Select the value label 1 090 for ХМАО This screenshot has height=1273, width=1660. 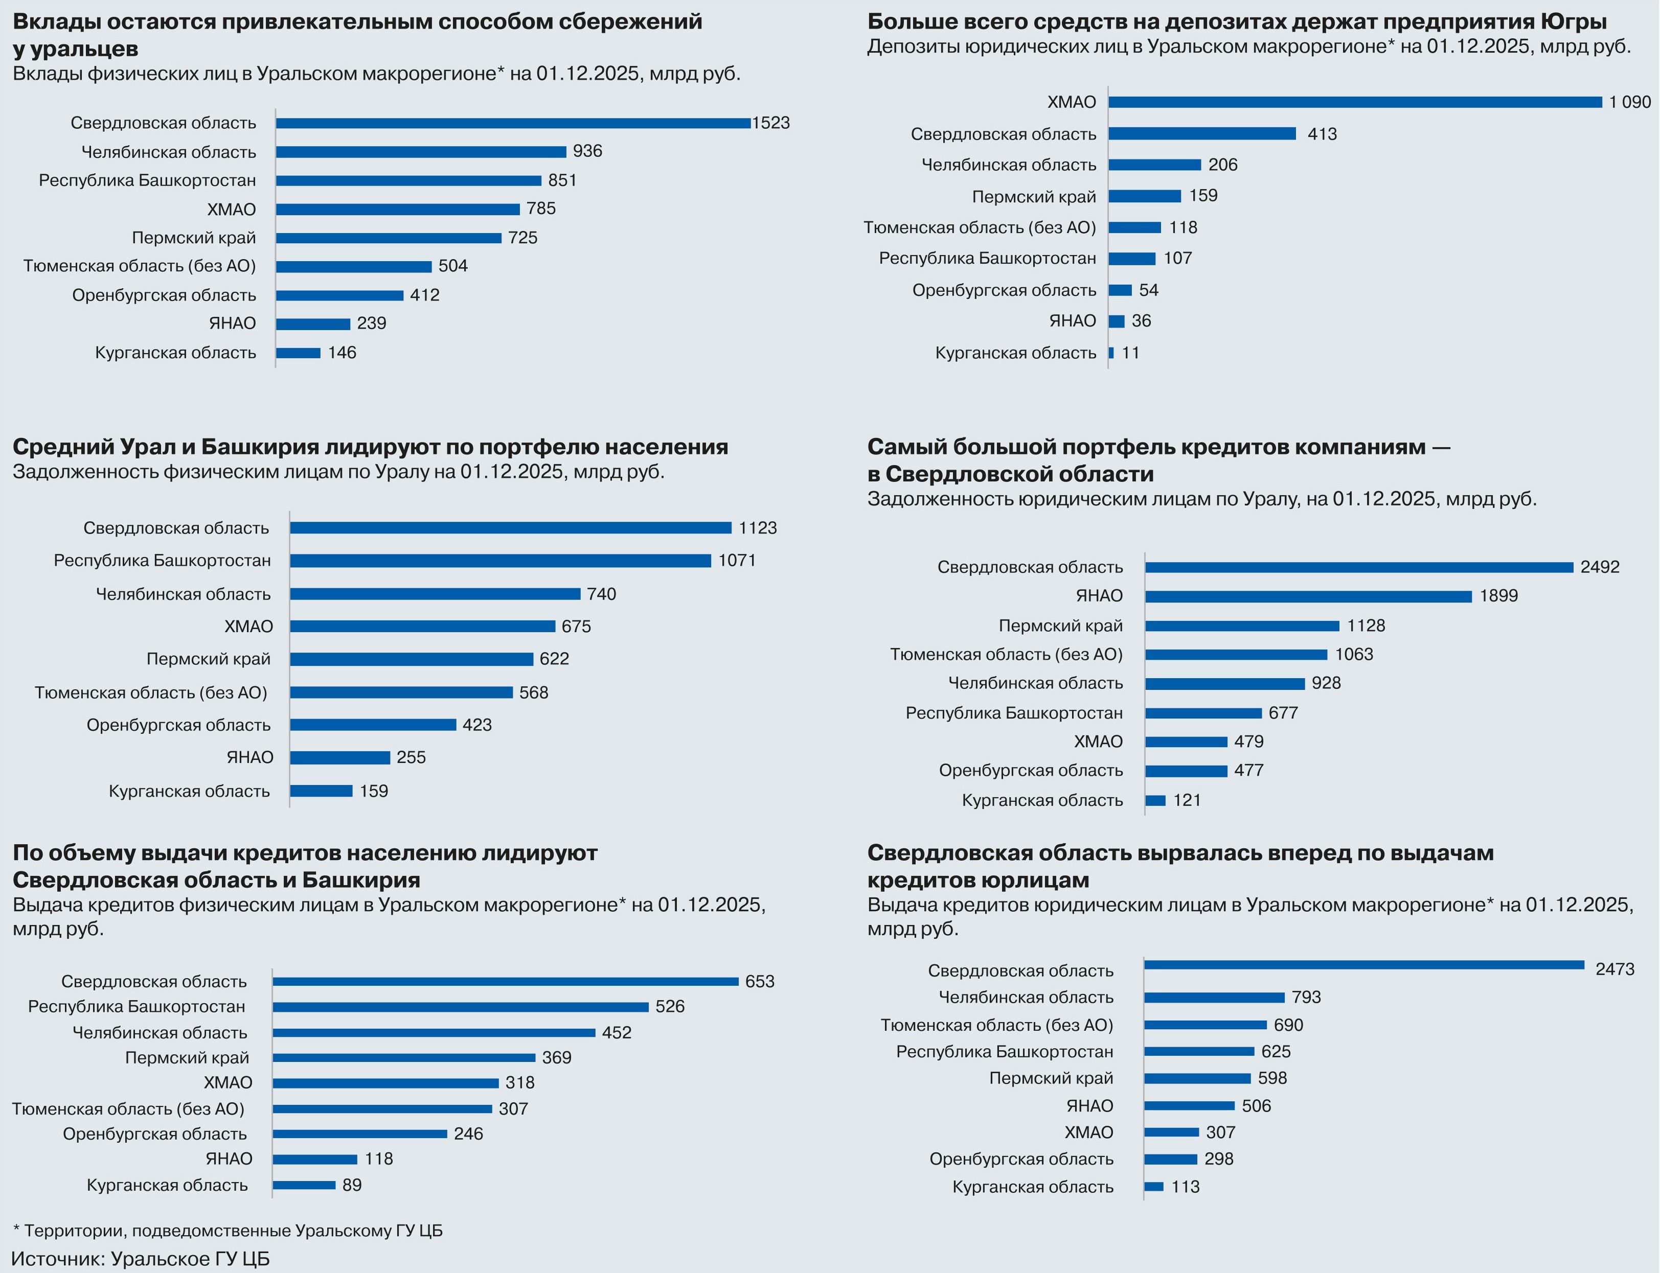coord(1630,102)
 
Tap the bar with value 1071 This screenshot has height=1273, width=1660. coord(501,561)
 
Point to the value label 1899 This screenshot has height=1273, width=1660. coord(1498,595)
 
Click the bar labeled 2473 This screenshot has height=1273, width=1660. coord(1365,965)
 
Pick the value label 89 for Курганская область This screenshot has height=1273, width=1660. coord(352,1185)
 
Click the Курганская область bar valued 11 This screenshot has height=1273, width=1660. coord(1111,353)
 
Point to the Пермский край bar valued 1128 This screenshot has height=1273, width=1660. coord(1242,626)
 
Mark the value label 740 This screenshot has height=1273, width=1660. coord(601,594)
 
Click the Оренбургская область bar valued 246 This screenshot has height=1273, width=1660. coord(360,1135)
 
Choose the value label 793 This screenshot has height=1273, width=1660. coord(1306,997)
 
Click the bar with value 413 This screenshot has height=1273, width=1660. coord(1202,134)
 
